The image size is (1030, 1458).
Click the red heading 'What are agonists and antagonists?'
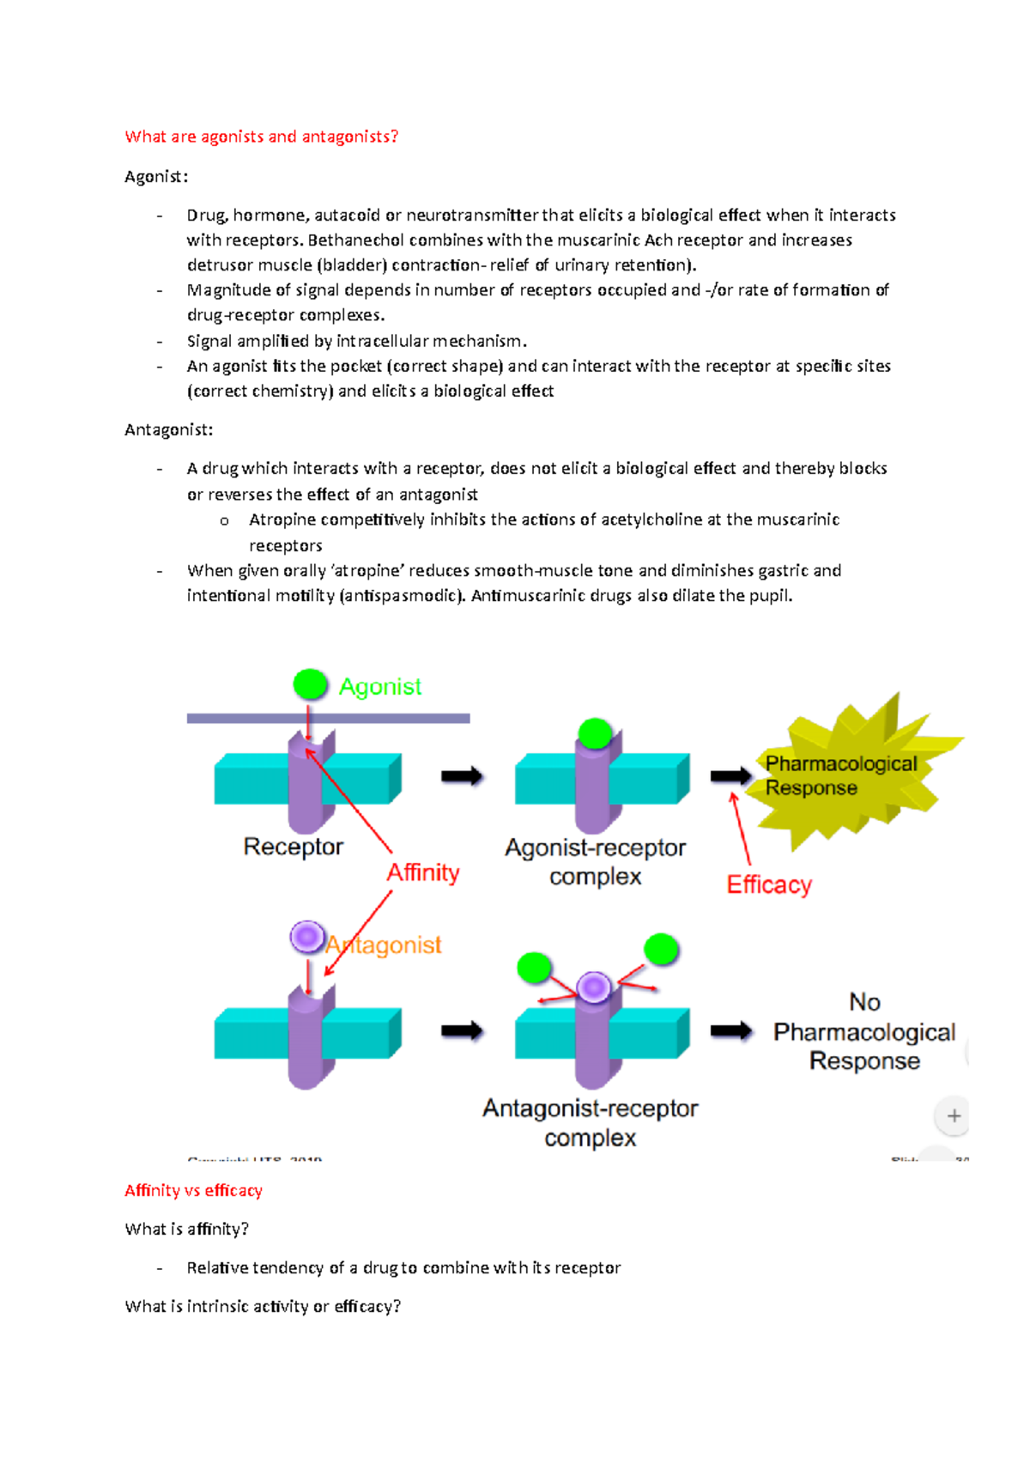pos(261,137)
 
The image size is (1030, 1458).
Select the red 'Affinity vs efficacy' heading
pos(193,1190)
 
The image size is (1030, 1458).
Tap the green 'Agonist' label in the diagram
pos(380,687)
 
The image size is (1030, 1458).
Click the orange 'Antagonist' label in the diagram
pos(384,945)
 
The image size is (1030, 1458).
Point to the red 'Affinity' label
pos(423,872)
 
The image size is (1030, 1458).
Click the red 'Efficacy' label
pos(769,884)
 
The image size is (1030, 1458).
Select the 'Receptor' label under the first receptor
pos(293,847)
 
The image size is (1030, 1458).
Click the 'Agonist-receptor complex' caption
pos(595,861)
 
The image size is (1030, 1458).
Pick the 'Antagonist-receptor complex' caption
pos(591,1122)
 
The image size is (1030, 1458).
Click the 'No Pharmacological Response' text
pos(864,1031)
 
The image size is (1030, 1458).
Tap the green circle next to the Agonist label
pos(310,684)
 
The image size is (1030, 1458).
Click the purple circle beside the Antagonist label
pos(306,937)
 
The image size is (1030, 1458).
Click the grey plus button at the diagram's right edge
pos(954,1115)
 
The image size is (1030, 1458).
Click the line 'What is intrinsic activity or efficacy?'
pos(263,1306)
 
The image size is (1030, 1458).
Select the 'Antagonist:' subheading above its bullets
pos(168,429)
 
